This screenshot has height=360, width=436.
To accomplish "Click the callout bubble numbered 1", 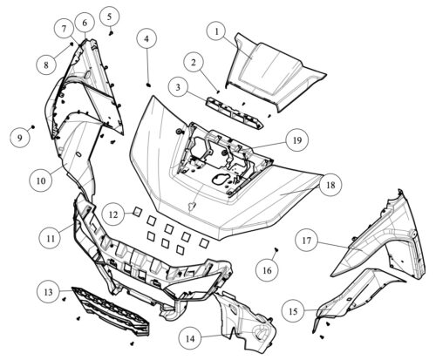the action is click(216, 32).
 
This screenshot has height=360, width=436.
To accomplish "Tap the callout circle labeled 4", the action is click(146, 38).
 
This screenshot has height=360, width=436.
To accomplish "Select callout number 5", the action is click(109, 17).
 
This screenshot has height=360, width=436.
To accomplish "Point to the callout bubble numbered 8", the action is click(46, 65).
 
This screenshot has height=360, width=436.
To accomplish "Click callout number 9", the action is click(20, 138).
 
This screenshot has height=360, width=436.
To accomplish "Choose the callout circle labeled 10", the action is click(41, 180).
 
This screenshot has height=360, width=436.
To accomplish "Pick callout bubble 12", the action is click(113, 214).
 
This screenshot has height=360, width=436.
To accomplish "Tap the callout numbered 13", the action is click(48, 292).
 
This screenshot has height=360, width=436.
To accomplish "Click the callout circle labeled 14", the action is click(190, 339).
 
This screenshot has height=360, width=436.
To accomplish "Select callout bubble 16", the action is click(267, 270).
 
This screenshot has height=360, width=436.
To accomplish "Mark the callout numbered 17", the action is click(307, 241).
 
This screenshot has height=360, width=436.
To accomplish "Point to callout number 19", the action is click(297, 140).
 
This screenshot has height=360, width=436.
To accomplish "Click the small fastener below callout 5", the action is click(111, 33).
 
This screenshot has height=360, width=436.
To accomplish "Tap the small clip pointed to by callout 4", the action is click(148, 85).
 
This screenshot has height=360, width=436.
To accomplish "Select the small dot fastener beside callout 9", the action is click(33, 127).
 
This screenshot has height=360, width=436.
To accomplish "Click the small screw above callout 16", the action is click(276, 249).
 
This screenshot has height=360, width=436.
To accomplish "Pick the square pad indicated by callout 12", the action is click(136, 212).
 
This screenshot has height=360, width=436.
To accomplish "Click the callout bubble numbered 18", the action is click(331, 185).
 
